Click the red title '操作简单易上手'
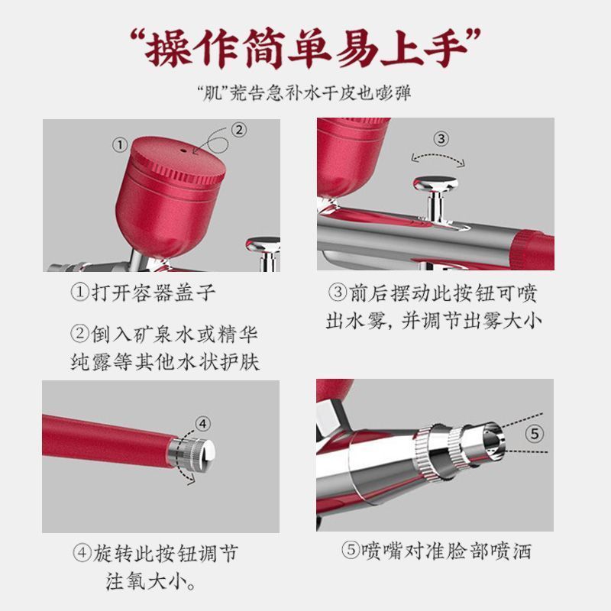click(x=305, y=48)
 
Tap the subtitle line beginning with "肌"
click(x=305, y=93)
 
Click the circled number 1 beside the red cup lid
click(x=120, y=145)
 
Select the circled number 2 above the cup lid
click(x=239, y=130)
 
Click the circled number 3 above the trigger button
click(x=441, y=139)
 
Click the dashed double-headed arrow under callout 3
click(x=438, y=156)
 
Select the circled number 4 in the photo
click(x=202, y=424)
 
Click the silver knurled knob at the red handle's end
click(x=191, y=453)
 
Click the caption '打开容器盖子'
click(x=153, y=293)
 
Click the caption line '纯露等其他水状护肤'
click(x=165, y=362)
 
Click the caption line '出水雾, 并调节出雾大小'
click(x=433, y=322)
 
